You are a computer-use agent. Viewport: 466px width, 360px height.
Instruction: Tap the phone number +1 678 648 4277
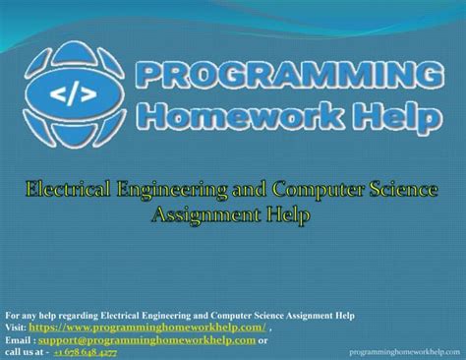pyautogui.click(x=85, y=351)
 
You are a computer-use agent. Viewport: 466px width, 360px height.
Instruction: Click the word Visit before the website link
pyautogui.click(x=15, y=328)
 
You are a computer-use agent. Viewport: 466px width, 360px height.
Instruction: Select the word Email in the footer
pyautogui.click(x=17, y=339)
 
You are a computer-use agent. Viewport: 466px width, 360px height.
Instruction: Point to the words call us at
pyautogui.click(x=24, y=351)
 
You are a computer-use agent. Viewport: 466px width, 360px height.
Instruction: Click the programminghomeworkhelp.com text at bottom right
pyautogui.click(x=404, y=351)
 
